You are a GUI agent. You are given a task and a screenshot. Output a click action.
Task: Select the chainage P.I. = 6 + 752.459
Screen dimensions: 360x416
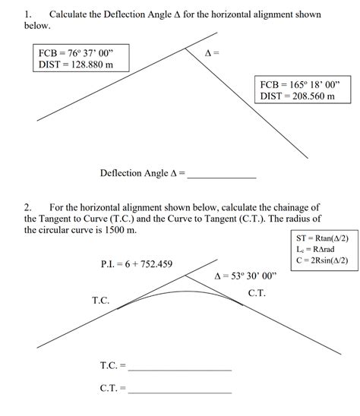[136, 264]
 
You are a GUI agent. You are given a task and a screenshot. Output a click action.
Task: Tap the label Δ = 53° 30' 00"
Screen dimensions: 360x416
[246, 276]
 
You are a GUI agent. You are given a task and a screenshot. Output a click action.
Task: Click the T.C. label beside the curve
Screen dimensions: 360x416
[101, 301]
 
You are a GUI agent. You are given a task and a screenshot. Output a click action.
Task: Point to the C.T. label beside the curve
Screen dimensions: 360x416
[257, 293]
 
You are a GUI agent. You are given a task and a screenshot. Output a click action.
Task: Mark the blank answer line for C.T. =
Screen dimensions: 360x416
[180, 390]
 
